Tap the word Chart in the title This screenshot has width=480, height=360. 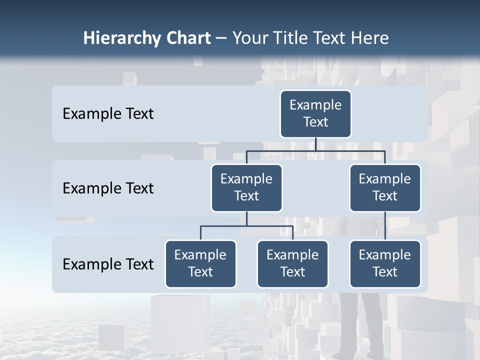tap(187, 38)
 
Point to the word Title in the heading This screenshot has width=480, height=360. tap(291, 38)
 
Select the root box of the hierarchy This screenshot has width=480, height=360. tap(315, 113)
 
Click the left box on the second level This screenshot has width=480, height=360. tap(246, 187)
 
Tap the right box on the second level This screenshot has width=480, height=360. tap(385, 187)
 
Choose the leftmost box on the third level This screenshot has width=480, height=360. tap(200, 263)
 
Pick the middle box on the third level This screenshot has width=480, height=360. tap(292, 263)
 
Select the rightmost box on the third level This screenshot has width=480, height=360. tap(385, 263)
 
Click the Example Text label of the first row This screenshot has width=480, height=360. tap(108, 114)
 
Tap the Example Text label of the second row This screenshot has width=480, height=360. tap(108, 188)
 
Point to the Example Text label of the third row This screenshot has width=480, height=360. tap(108, 264)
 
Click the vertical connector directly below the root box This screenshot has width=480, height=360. tap(315, 144)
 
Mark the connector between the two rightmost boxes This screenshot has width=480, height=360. tap(385, 226)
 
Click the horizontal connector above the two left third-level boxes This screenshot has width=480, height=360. tap(246, 226)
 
